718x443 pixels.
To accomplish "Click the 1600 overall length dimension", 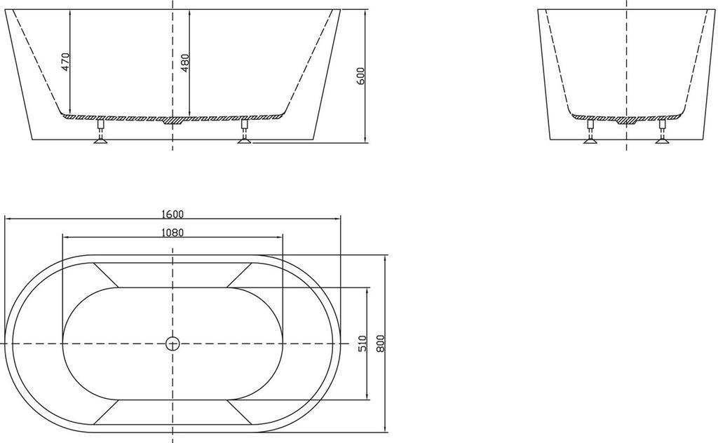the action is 172,214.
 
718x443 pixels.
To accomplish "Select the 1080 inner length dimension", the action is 172,233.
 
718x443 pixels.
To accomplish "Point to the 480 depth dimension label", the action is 184,62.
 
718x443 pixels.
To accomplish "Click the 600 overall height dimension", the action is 360,76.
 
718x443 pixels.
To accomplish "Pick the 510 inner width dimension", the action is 363,343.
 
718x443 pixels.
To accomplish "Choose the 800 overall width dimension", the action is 381,343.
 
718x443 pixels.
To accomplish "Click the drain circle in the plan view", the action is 172,343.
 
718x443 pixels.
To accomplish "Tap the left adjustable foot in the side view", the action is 101,131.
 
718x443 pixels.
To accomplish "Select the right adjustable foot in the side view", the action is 245,131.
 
